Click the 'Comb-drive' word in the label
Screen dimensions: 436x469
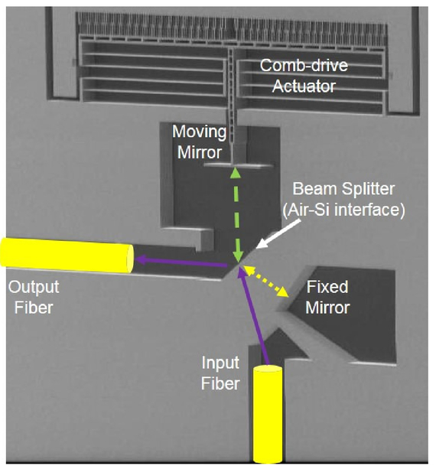(304, 66)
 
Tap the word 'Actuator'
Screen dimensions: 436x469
(304, 86)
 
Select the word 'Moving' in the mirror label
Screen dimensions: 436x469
(199, 132)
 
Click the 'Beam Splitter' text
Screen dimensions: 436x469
(343, 189)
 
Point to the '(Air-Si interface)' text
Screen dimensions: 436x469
(343, 210)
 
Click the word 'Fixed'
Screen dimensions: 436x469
(327, 287)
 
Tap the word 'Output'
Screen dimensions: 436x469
(34, 287)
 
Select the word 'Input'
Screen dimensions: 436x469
(220, 363)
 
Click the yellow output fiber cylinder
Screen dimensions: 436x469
(67, 255)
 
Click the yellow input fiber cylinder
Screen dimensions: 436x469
(268, 414)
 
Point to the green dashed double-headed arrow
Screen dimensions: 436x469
(236, 215)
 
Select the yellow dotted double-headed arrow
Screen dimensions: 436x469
(266, 281)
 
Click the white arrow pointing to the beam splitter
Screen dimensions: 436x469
(278, 234)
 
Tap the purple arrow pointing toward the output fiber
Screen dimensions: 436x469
(181, 262)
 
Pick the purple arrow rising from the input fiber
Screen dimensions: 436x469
(253, 316)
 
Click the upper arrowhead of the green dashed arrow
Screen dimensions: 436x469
(236, 173)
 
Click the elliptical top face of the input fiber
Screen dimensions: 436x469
(268, 369)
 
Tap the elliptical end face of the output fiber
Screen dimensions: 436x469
(130, 259)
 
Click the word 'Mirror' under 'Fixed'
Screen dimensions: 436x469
(327, 308)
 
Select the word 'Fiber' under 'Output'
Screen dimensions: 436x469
(34, 308)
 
